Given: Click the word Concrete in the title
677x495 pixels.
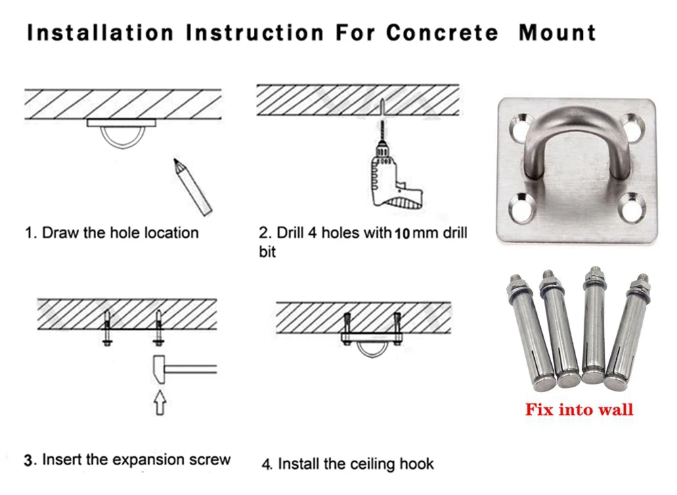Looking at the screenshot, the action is pyautogui.click(x=441, y=33).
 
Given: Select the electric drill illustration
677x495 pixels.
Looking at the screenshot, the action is pyautogui.click(x=393, y=173).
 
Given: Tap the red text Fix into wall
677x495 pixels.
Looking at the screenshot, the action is pyautogui.click(x=580, y=409).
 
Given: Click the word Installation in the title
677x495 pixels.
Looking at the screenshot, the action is pyautogui.click(x=99, y=33).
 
